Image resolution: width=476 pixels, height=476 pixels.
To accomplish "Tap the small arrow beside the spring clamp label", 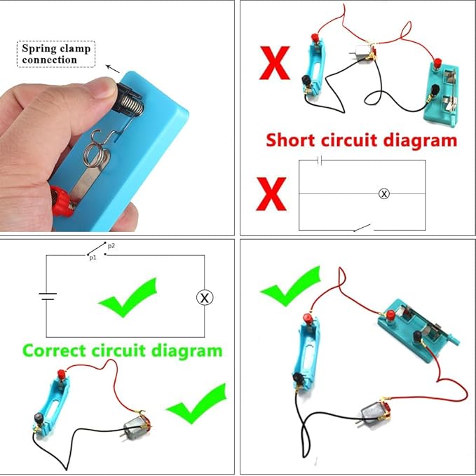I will tap(112, 69).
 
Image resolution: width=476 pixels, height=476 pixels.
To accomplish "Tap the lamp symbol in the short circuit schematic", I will tap(383, 193).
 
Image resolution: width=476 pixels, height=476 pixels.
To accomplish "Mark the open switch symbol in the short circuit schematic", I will tap(362, 227).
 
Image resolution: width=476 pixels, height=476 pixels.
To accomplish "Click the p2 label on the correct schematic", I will tap(111, 246).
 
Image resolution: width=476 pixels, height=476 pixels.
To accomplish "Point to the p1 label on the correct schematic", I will tap(92, 258).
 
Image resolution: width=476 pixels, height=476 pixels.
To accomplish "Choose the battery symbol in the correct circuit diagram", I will tap(47, 296).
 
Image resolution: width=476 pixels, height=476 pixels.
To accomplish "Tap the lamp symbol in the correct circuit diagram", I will tap(204, 297).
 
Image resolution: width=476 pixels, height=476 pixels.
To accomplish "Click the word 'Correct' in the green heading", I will tap(64, 350).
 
